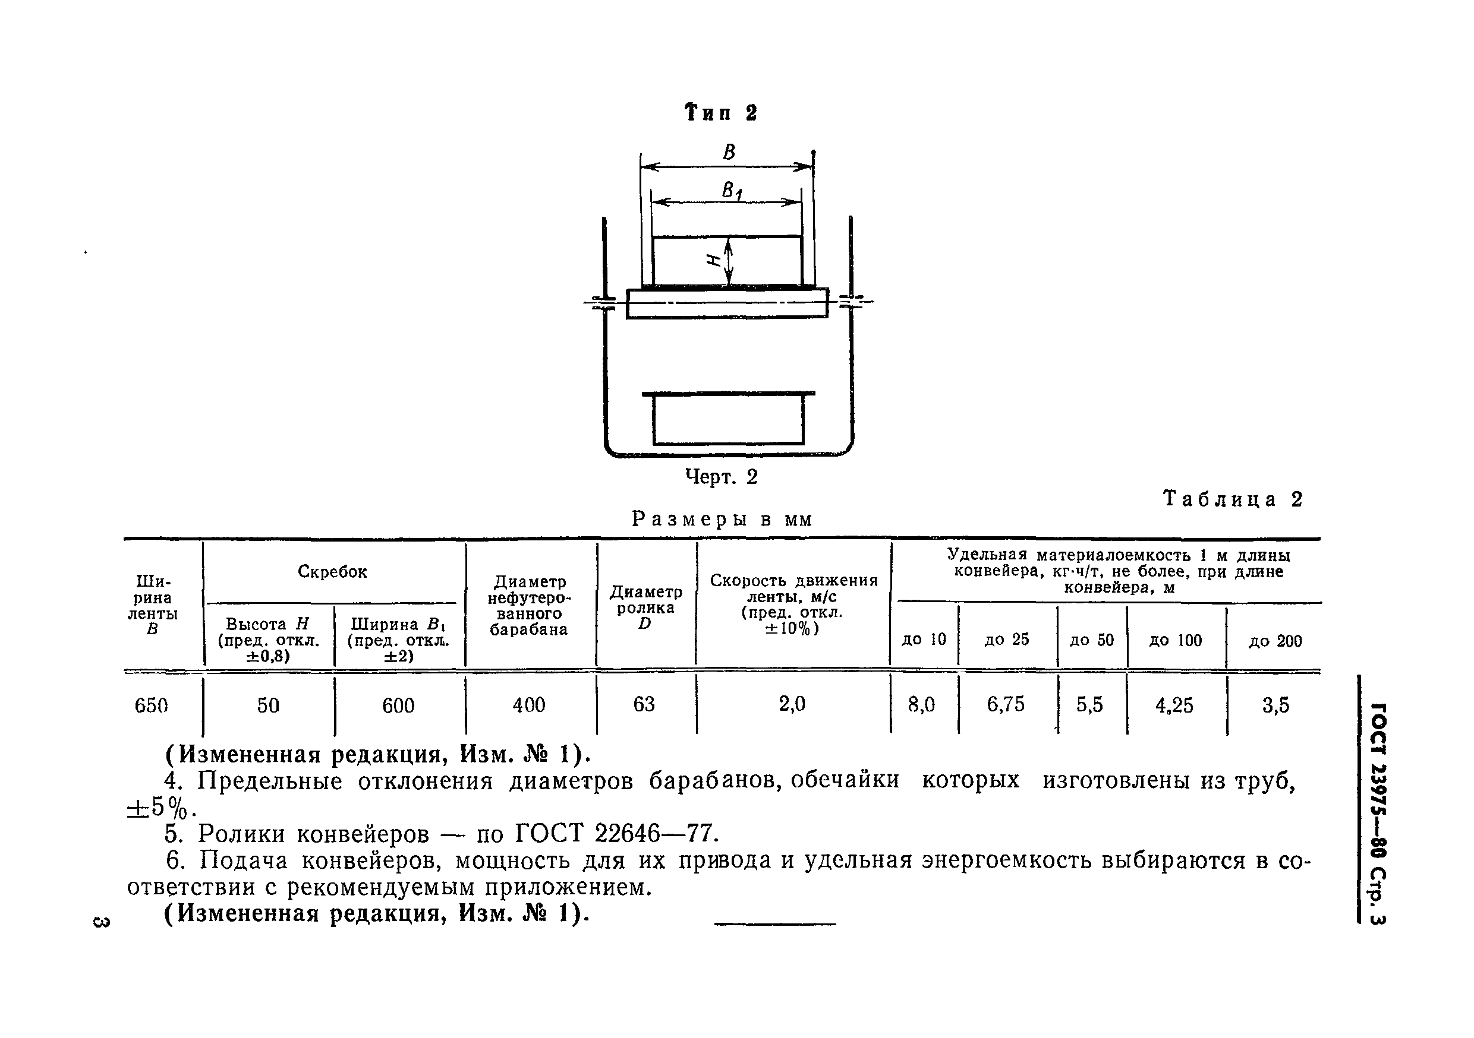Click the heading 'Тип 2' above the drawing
(x=722, y=113)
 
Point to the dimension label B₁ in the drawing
(x=732, y=191)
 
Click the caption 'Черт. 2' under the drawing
(x=722, y=477)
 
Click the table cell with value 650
(x=151, y=705)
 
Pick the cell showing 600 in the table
(x=398, y=705)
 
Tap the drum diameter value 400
(x=529, y=705)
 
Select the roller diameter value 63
(x=644, y=704)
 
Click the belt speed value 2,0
(x=792, y=704)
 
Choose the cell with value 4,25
(x=1174, y=705)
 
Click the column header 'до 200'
(x=1275, y=641)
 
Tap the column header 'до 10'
(x=924, y=639)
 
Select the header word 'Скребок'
(x=332, y=572)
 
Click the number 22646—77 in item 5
(x=654, y=833)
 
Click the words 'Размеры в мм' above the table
(x=722, y=519)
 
